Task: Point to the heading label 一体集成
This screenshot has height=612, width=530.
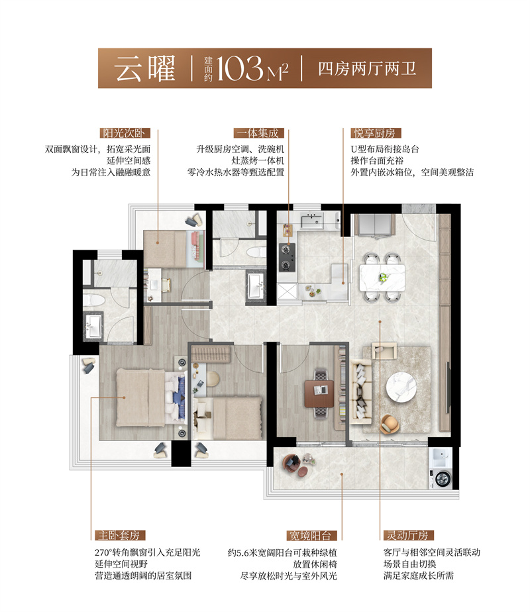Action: tap(256, 132)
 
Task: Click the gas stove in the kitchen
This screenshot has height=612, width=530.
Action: tap(287, 258)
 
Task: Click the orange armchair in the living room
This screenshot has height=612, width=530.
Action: tap(391, 421)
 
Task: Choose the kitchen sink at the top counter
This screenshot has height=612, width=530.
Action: tap(309, 219)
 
